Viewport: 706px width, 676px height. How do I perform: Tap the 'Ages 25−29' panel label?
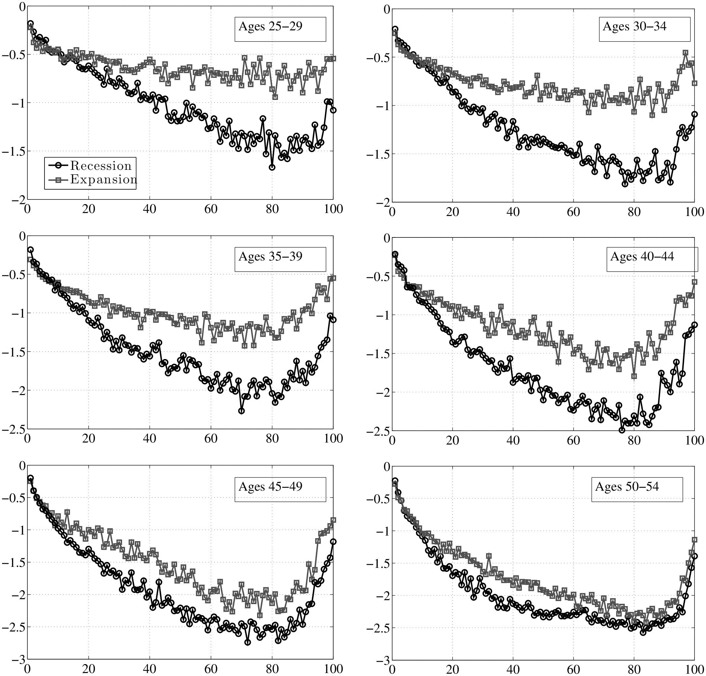click(x=270, y=27)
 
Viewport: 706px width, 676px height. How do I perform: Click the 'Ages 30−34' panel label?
click(x=634, y=27)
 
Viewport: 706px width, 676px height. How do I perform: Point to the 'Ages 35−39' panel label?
click(x=270, y=257)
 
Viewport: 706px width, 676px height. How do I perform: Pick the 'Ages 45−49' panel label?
click(x=270, y=486)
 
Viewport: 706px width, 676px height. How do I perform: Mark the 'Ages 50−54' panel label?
click(x=627, y=487)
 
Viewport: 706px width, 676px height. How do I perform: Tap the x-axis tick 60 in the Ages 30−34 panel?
click(x=574, y=212)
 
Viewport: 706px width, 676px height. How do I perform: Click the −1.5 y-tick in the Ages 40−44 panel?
click(x=376, y=353)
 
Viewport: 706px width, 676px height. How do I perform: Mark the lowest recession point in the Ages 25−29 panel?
click(x=272, y=167)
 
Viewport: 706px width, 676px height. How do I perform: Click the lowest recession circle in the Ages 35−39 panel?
click(x=241, y=411)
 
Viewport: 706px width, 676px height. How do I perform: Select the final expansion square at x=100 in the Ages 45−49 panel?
click(x=333, y=520)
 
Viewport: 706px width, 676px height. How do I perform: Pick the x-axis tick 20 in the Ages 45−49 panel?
click(x=88, y=668)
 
